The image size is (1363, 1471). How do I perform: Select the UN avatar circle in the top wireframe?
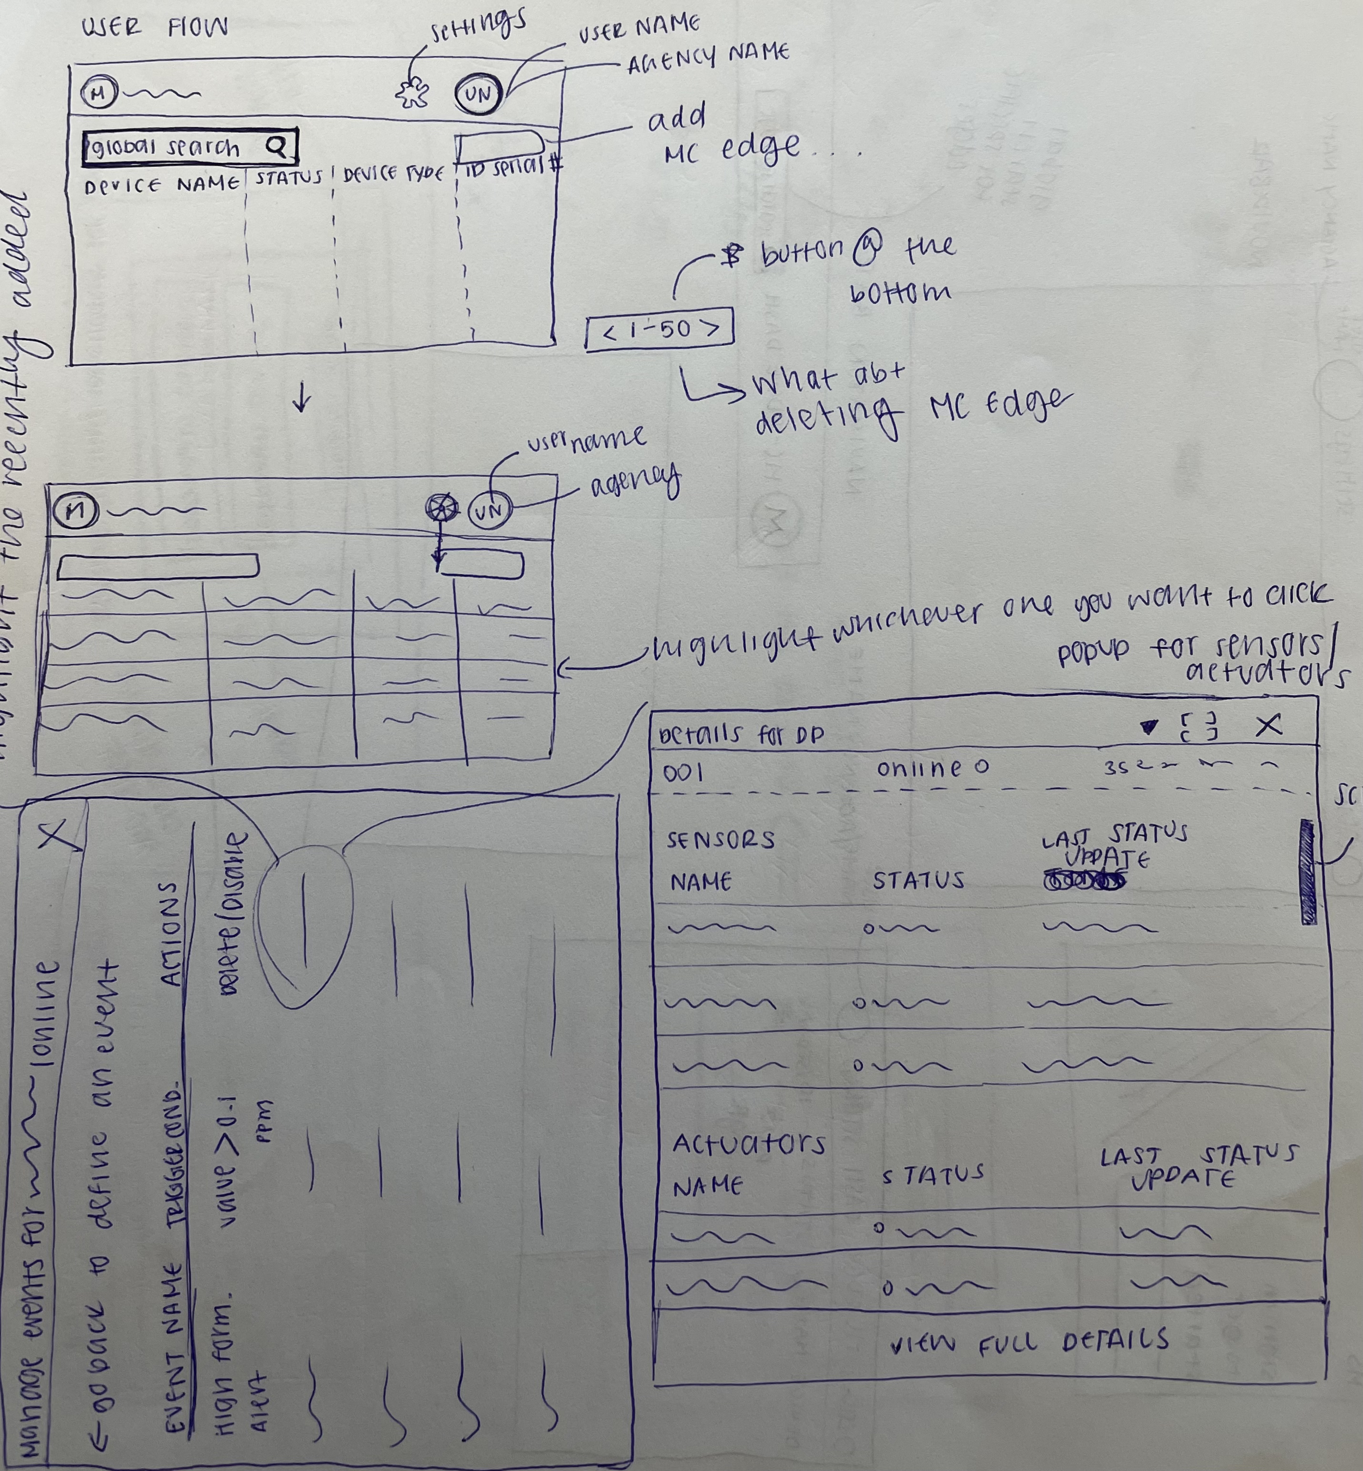click(x=479, y=94)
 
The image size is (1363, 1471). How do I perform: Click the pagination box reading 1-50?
click(x=660, y=329)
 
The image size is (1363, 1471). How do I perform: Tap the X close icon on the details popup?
click(x=1269, y=726)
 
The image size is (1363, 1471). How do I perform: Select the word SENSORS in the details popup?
click(x=721, y=840)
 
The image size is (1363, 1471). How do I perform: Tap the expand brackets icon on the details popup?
click(x=1198, y=727)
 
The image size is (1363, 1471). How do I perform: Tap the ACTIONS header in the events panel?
click(x=171, y=934)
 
